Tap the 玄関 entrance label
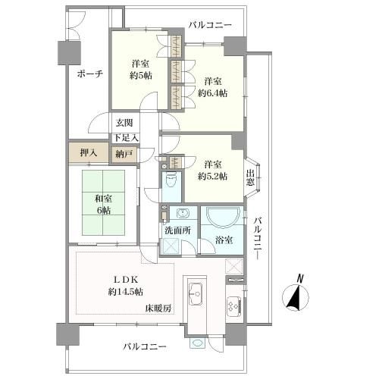click(x=124, y=123)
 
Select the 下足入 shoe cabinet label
click(x=126, y=138)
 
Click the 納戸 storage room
click(x=124, y=154)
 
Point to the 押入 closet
click(x=89, y=152)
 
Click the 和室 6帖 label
click(x=103, y=205)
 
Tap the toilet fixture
click(x=171, y=180)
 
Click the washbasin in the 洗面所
click(x=183, y=213)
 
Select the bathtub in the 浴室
click(x=222, y=217)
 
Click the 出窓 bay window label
click(x=250, y=178)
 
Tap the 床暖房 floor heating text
click(x=158, y=309)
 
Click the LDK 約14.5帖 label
click(x=126, y=286)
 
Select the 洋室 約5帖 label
click(x=140, y=70)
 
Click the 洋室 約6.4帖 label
click(x=213, y=87)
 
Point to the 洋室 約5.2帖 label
click(x=213, y=171)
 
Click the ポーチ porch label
click(x=90, y=74)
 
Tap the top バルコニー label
click(x=210, y=25)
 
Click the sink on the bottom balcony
click(x=197, y=343)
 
